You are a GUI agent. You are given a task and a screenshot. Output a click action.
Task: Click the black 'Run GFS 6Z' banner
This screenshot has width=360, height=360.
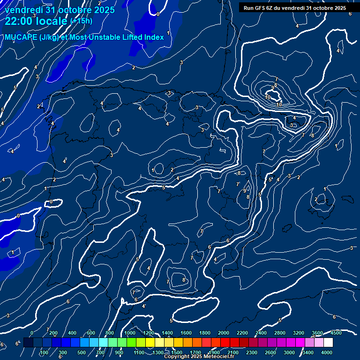click(x=295, y=8)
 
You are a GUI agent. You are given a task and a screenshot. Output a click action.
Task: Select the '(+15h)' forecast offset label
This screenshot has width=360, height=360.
click(x=81, y=21)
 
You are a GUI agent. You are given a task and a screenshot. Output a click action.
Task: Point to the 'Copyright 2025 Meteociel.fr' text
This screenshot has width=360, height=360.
click(x=199, y=357)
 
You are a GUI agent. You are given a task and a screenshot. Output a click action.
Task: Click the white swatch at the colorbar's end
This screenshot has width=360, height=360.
click(x=328, y=343)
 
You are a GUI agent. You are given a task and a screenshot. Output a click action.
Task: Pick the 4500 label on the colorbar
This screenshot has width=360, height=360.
click(x=336, y=333)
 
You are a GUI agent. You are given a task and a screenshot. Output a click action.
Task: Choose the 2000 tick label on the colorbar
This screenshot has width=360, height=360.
click(x=224, y=333)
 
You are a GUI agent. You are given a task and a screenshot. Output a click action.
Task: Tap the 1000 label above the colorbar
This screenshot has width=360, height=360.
click(x=130, y=333)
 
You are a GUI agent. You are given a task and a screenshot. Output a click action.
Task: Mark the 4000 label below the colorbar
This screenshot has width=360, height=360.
click(x=327, y=352)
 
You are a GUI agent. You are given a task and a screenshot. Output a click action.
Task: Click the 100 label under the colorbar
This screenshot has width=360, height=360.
click(x=44, y=352)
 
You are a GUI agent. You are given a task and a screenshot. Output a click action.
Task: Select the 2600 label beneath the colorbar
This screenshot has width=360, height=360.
click(x=270, y=352)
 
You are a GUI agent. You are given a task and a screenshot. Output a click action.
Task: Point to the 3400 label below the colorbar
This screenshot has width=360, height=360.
click(x=308, y=352)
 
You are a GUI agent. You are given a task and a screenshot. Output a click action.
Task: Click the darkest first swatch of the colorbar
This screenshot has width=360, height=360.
click(x=28, y=343)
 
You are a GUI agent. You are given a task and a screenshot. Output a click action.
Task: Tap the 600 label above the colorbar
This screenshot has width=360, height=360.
click(x=91, y=333)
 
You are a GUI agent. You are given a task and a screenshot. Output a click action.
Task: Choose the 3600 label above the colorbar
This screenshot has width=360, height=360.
click(x=317, y=333)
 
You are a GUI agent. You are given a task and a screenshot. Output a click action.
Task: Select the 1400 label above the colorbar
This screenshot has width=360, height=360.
click(x=167, y=333)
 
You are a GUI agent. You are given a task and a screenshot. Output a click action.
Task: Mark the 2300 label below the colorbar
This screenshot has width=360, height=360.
click(x=252, y=352)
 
